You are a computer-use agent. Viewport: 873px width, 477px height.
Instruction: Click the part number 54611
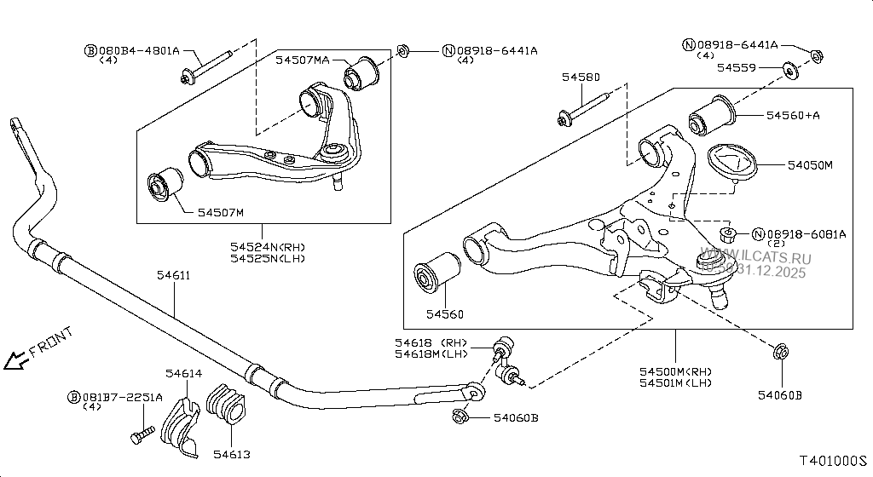[x=173, y=275]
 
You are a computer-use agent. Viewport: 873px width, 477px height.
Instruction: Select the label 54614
[x=183, y=373]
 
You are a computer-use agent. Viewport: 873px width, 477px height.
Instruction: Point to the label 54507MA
[x=302, y=60]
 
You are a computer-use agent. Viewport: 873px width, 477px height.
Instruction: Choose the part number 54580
[x=581, y=78]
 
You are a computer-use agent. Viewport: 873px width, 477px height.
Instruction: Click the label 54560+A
[x=793, y=114]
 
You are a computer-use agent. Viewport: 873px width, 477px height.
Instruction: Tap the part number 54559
[x=735, y=66]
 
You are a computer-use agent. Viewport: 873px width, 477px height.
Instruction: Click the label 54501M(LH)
[x=674, y=383]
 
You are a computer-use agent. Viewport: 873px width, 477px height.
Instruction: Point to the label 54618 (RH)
[x=430, y=343]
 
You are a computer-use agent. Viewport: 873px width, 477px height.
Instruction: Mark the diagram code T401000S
[x=831, y=461]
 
